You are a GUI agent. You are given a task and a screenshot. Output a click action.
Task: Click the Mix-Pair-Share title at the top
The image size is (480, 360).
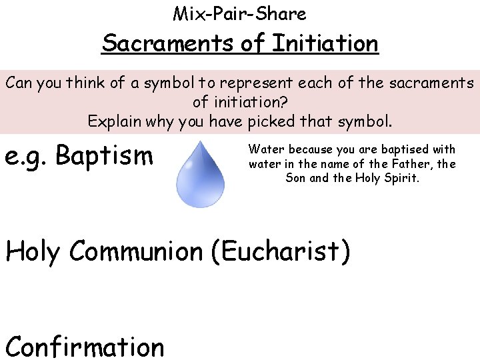pyautogui.click(x=239, y=13)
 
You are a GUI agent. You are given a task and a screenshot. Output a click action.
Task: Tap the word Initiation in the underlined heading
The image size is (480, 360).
pyautogui.click(x=325, y=44)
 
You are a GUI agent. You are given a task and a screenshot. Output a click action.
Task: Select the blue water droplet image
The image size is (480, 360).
pyautogui.click(x=199, y=175)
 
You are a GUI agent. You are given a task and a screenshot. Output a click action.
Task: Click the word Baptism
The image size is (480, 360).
pyautogui.click(x=105, y=156)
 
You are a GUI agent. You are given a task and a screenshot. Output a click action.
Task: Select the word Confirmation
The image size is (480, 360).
pyautogui.click(x=85, y=346)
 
